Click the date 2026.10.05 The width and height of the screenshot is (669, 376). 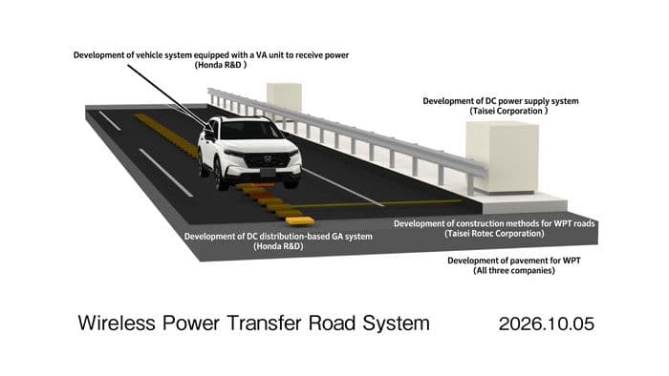(546, 324)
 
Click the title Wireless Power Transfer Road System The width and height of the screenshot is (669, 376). (254, 324)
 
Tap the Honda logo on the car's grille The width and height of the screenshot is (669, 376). (267, 159)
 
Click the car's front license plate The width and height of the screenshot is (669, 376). (268, 173)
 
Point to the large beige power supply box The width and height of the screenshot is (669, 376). (502, 157)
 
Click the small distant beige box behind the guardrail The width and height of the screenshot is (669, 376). (284, 97)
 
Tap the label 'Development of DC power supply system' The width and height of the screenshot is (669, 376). (501, 101)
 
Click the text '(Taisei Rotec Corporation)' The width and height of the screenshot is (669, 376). (494, 234)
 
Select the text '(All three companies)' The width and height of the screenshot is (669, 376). (514, 271)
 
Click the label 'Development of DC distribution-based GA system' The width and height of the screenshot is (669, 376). (278, 237)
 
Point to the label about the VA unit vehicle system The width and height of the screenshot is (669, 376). (211, 55)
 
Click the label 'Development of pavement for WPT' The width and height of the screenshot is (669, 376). (514, 261)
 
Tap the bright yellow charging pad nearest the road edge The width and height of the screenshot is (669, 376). (300, 220)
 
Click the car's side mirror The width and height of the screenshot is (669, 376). (210, 136)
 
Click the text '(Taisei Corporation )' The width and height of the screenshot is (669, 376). (508, 111)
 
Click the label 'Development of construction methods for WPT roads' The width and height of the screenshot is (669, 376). (494, 223)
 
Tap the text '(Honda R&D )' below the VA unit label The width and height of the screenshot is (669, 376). (221, 65)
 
